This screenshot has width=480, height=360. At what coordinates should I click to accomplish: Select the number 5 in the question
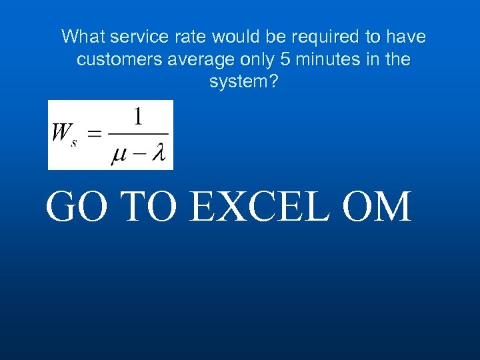pos(285,59)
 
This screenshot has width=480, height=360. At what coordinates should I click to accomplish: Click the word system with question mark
pos(240,82)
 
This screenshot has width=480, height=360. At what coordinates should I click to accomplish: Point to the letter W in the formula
pos(61,134)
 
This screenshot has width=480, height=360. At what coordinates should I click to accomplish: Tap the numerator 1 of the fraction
pos(137,118)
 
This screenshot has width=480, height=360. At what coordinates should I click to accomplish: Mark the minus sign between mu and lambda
pos(139,155)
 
